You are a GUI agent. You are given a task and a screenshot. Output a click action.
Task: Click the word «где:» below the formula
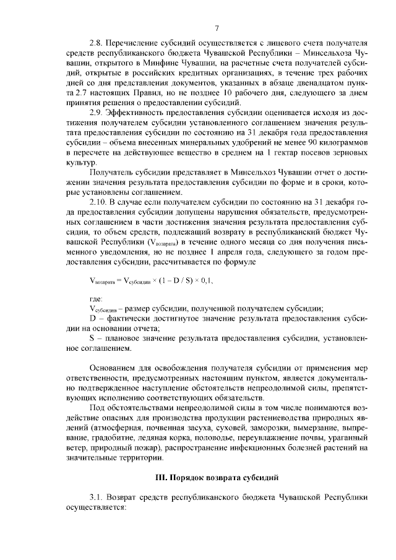coord(97,299)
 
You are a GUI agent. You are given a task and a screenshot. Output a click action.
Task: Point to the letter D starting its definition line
coord(92,318)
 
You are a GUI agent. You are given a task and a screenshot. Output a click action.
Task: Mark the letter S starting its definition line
coord(92,338)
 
